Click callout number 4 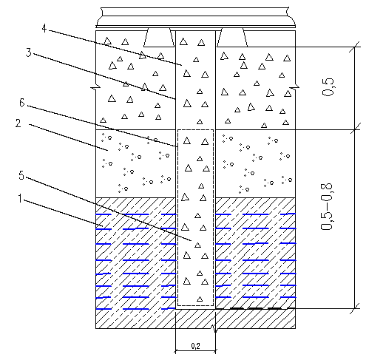click(44, 28)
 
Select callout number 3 click(29, 52)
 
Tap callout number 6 click(22, 103)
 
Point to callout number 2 click(18, 123)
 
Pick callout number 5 click(21, 175)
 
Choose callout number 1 click(20, 198)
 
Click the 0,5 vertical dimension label click(328, 86)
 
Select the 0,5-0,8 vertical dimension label click(327, 207)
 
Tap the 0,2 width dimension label click(195, 346)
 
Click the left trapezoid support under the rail click(159, 37)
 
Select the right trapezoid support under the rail click(232, 37)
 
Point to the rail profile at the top click(196, 17)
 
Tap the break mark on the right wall click(294, 87)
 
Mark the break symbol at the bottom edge click(215, 330)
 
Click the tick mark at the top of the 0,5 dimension click(355, 47)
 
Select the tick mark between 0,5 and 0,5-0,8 click(355, 129)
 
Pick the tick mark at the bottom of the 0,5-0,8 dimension click(355, 308)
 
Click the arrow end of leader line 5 click(191, 240)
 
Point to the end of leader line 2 click(108, 150)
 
